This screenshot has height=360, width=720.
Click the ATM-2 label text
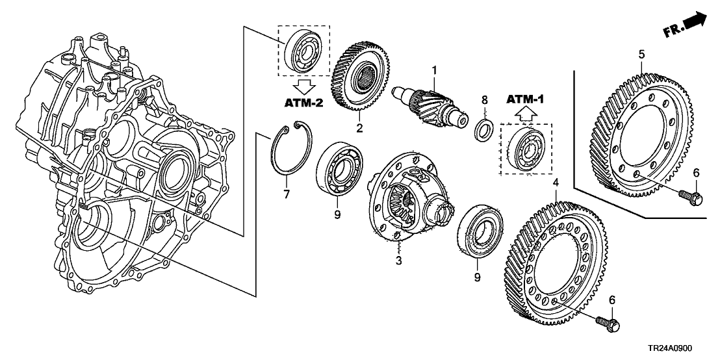tap(303, 103)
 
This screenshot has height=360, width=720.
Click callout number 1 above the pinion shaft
tap(435, 70)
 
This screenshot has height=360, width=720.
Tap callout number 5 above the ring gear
tap(641, 55)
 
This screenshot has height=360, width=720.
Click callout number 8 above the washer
tap(483, 100)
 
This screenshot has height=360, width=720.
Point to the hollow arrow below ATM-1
tap(525, 114)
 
